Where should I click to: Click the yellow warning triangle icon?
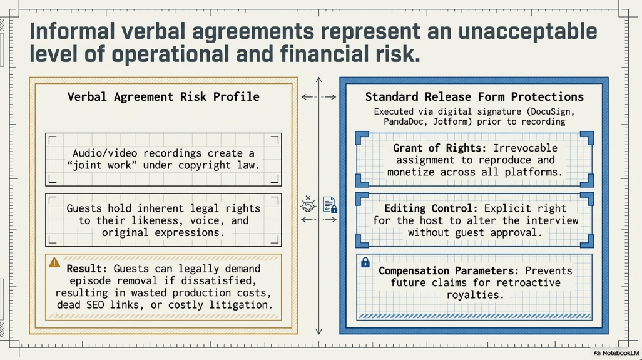[x=54, y=262]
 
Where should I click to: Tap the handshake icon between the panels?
[x=308, y=203]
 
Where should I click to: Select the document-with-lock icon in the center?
[x=330, y=204]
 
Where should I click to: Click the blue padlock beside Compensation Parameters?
[x=365, y=262]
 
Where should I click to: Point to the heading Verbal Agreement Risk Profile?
[x=163, y=96]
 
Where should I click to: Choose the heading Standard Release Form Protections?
[x=474, y=96]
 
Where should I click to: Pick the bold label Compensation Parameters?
[x=449, y=270]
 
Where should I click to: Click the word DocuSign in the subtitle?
[x=553, y=111]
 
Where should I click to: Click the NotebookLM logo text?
[x=620, y=353]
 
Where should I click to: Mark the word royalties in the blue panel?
[x=475, y=295]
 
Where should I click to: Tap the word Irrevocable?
[x=526, y=148]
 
